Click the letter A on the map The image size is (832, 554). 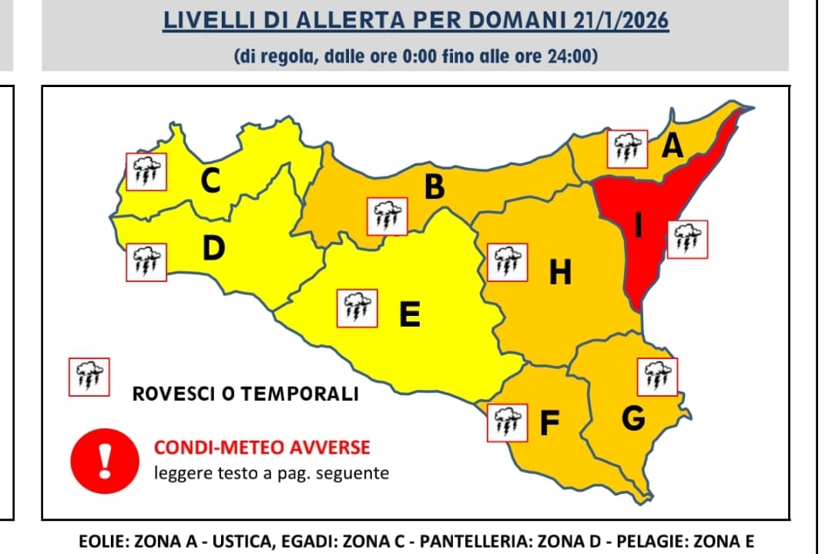[673, 146]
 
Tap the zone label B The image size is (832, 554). [435, 187]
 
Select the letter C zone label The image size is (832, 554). [210, 181]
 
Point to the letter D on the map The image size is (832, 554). [214, 248]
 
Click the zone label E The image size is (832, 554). [410, 314]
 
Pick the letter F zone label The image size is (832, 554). [548, 423]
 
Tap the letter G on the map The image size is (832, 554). [632, 419]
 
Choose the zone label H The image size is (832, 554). [560, 272]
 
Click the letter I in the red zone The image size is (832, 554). [637, 224]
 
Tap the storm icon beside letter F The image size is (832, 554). [507, 421]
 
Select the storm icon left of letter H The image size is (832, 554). [507, 261]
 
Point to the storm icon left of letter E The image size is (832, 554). [357, 309]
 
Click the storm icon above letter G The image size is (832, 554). [657, 377]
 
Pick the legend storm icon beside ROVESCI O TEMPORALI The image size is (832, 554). [89, 377]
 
